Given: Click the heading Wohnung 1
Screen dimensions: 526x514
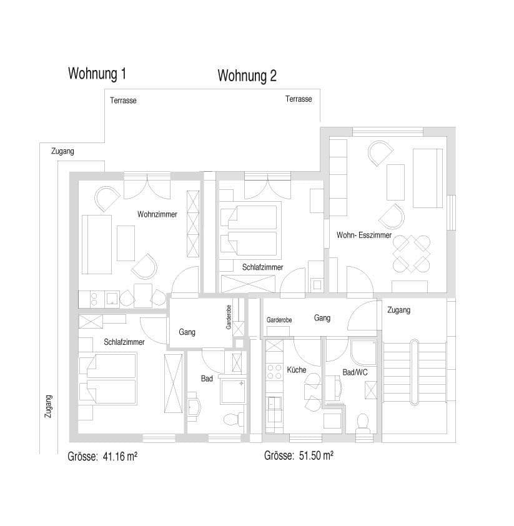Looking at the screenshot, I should (97, 74).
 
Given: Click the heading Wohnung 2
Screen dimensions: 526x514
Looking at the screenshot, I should (247, 76).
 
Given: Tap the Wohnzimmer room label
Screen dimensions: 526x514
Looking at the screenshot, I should (157, 214).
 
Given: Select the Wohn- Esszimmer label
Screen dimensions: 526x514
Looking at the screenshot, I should (363, 236).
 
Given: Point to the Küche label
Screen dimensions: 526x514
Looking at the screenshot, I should (296, 370).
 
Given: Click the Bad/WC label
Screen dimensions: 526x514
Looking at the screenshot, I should (354, 372).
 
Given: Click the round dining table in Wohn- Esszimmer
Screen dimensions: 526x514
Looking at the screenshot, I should (412, 254).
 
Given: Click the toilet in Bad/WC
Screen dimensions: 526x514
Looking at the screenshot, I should (361, 422).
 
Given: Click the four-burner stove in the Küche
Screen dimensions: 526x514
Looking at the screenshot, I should (274, 372).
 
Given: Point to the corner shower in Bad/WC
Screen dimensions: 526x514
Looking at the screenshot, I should (363, 352).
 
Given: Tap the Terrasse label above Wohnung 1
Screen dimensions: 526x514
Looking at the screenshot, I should (123, 101).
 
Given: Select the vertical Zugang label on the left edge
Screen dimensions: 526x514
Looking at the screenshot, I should (49, 406).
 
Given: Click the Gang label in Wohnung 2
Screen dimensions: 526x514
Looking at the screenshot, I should (322, 318).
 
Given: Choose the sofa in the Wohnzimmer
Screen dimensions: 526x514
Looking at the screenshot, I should (97, 244).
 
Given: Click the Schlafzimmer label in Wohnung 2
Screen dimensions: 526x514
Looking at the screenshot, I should (262, 267).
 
